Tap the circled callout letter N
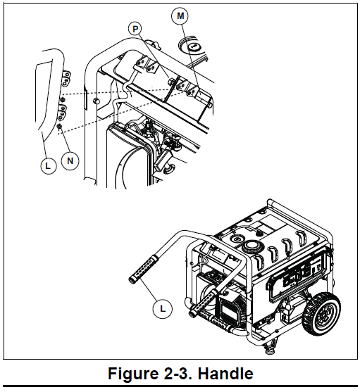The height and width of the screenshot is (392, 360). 69,161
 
